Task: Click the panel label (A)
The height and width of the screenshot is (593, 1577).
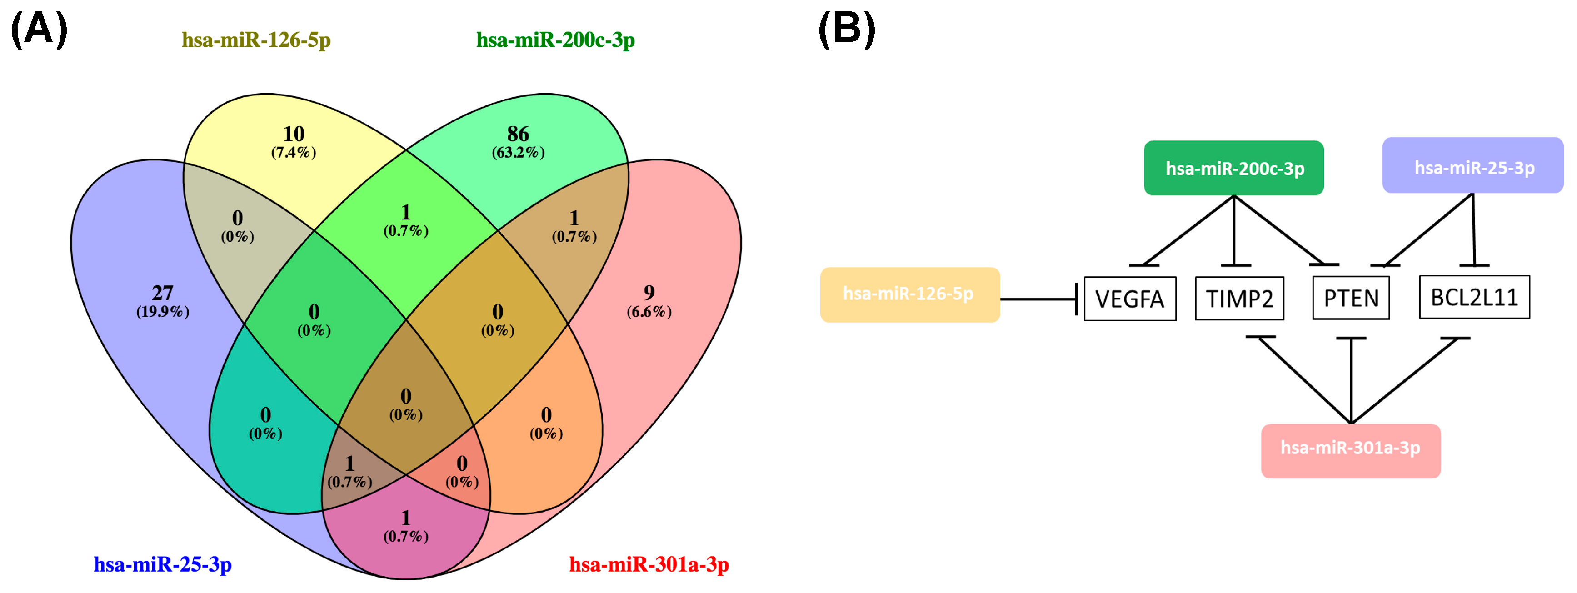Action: [39, 30]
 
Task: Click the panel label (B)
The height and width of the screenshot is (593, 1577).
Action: [847, 30]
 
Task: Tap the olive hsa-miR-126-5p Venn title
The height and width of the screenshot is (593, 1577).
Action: [256, 40]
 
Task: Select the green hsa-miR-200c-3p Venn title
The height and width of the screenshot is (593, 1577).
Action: [555, 40]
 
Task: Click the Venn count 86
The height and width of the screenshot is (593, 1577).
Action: [518, 134]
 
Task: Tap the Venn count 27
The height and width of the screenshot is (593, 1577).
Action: [163, 293]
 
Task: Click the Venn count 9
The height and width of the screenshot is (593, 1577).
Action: [649, 293]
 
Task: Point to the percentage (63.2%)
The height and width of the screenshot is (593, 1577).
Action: [518, 152]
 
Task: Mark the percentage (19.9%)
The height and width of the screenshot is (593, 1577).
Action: [163, 311]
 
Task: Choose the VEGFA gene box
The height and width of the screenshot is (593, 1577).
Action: [1129, 299]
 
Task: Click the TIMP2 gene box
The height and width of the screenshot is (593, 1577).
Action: [1239, 299]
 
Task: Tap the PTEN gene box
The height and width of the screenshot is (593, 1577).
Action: [1351, 298]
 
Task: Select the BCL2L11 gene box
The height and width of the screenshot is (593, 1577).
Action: [1474, 298]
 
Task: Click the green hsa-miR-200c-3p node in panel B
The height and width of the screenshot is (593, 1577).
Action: [1233, 168]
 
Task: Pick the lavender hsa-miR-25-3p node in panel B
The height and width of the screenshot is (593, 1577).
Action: [1472, 166]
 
